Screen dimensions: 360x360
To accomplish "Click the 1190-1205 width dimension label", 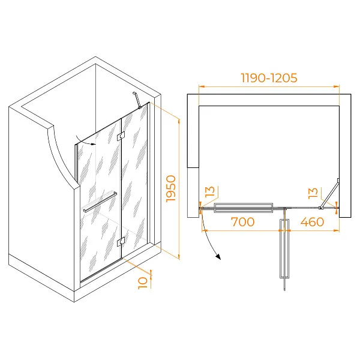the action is point(269,78).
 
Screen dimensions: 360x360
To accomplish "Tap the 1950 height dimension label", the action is point(171,189).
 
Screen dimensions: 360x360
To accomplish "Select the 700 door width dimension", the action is point(242,222).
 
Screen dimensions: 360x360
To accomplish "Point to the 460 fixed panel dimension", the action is point(312,222).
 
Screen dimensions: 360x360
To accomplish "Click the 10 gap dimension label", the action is point(143,283).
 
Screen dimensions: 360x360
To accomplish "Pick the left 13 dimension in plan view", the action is point(210,191).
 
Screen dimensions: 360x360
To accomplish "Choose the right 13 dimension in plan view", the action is point(313,193).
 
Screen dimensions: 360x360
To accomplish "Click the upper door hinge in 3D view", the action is point(121,136).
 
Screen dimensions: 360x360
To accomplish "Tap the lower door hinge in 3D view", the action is point(121,242).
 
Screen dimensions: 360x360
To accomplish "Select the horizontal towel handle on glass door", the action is point(100,202).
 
